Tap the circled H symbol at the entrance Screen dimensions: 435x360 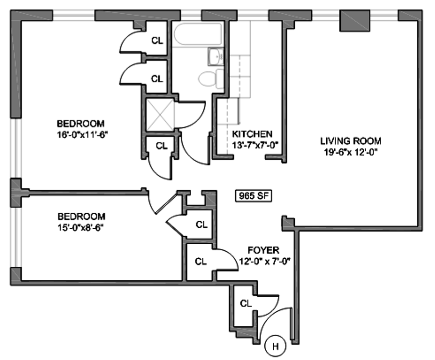(x=275, y=346)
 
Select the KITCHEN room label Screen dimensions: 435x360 (x=252, y=134)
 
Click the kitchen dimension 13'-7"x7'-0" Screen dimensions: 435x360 (x=255, y=145)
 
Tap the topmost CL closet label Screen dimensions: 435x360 (x=157, y=40)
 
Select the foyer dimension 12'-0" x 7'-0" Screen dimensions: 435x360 (x=265, y=261)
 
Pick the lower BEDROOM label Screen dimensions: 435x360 (x=81, y=217)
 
